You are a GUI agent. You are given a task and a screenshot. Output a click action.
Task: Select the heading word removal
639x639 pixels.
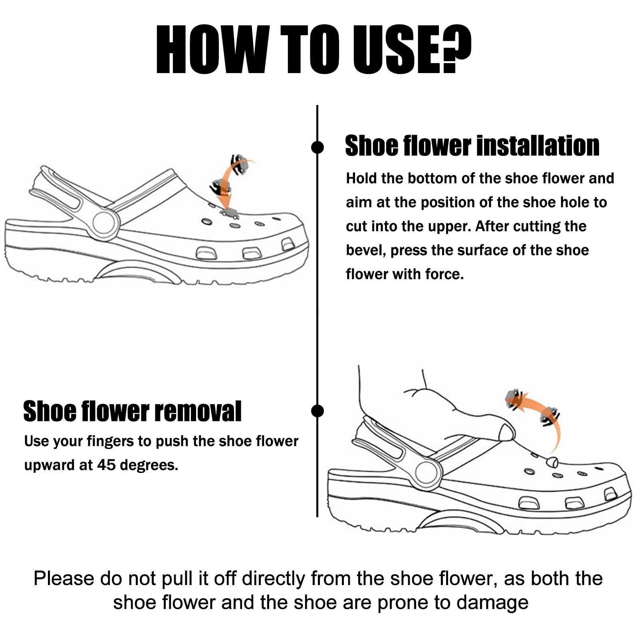198,411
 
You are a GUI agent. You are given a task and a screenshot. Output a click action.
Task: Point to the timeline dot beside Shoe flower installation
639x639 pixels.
317,147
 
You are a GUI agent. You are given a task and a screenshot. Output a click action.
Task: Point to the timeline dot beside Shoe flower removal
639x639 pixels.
317,411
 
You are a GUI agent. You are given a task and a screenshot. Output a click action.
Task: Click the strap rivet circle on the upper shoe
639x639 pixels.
104,223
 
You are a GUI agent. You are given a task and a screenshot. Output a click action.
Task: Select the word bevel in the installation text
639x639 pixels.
366,250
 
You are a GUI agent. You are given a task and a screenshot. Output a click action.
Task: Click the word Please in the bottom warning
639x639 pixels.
64,578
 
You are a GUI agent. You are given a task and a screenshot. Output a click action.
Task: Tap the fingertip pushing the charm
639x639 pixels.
507,433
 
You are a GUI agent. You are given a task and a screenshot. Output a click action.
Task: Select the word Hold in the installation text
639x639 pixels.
362,178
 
